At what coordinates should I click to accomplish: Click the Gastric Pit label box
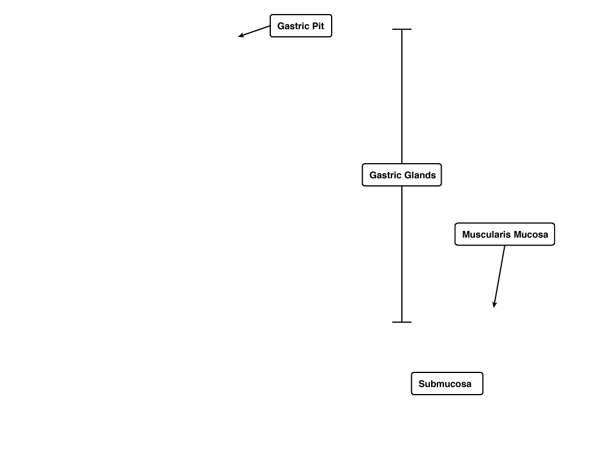[301, 26]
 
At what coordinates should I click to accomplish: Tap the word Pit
[318, 26]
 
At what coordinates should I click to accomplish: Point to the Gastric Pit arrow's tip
[239, 37]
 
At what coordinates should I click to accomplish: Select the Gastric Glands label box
[402, 175]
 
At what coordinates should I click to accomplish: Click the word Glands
[419, 175]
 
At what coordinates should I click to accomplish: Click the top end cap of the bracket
[402, 29]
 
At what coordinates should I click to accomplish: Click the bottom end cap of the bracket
[402, 322]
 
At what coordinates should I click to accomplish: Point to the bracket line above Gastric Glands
[402, 96]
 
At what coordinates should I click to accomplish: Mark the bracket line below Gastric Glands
[402, 254]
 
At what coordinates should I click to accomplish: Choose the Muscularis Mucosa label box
[505, 234]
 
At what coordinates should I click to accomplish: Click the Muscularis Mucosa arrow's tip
[494, 308]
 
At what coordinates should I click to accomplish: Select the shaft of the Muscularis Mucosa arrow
[500, 276]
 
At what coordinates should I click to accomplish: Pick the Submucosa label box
[447, 384]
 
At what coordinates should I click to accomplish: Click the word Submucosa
[445, 384]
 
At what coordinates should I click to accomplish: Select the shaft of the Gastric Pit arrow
[254, 32]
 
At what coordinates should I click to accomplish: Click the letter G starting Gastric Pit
[280, 26]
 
